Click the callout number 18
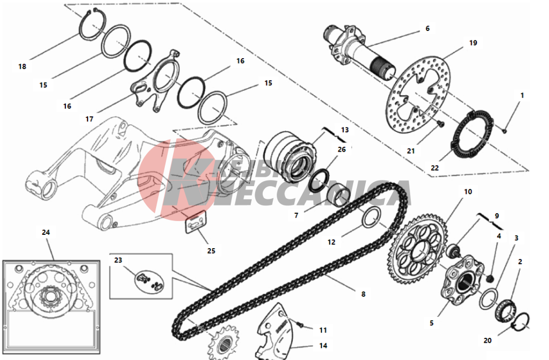click(22, 66)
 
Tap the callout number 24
click(46, 233)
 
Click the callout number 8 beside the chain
click(363, 294)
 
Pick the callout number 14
click(323, 346)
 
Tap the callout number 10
click(468, 192)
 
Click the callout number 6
click(427, 28)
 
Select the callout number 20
click(487, 341)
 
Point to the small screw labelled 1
click(505, 131)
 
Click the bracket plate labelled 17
click(157, 78)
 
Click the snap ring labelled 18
click(91, 25)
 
